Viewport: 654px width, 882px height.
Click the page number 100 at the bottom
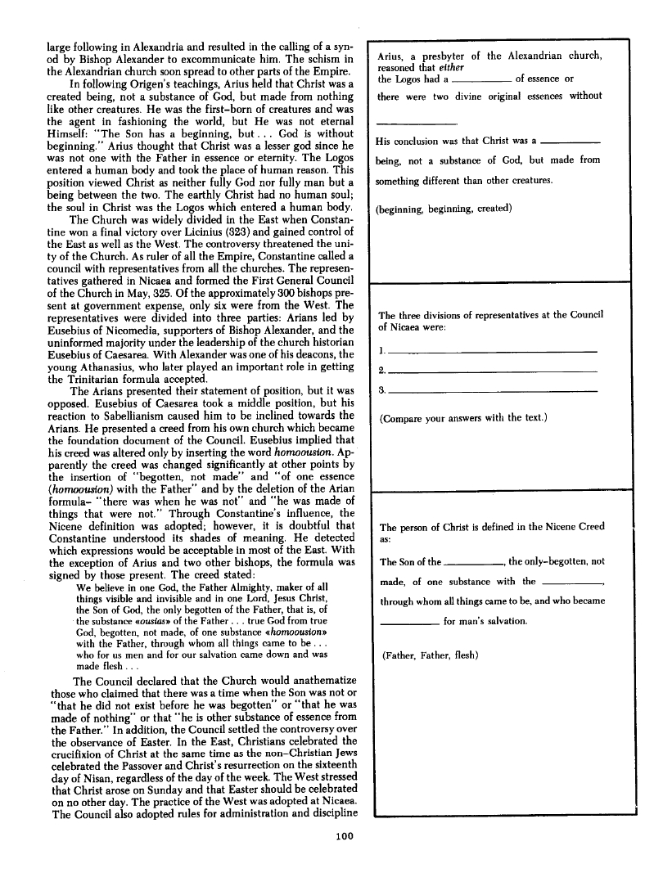344,835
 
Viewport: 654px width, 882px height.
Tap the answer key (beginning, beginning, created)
444,208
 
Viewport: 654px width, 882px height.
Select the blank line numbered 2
492,371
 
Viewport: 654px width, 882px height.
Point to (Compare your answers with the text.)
464,418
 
